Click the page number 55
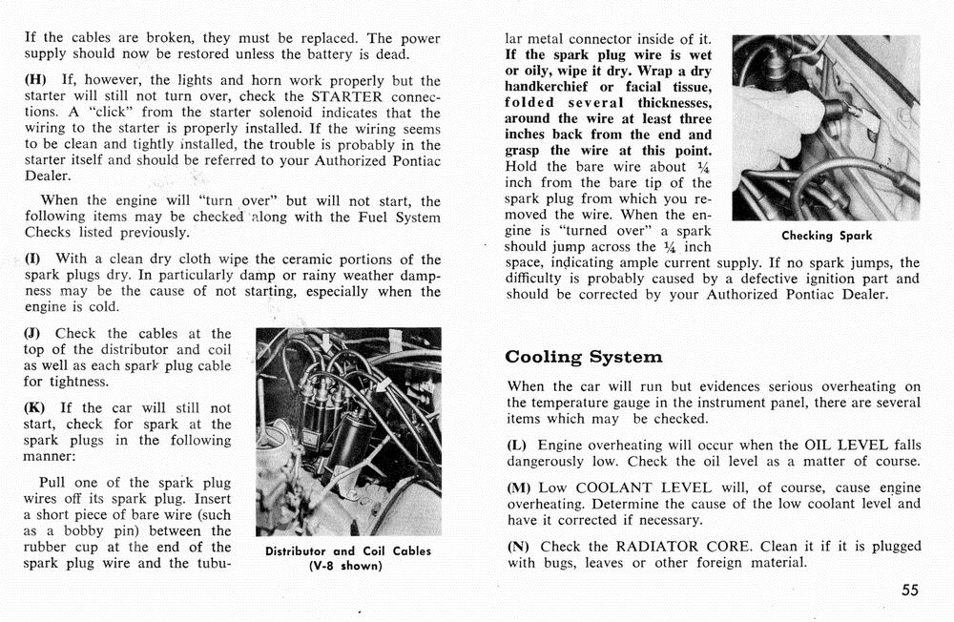click(x=909, y=591)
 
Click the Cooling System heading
click(x=583, y=357)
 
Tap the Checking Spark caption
click(x=826, y=236)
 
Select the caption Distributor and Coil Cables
click(x=347, y=550)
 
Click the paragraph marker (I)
click(x=35, y=259)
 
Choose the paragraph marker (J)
click(x=35, y=333)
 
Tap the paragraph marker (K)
click(x=37, y=408)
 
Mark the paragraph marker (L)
click(x=518, y=446)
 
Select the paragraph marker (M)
click(x=521, y=487)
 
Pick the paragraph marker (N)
click(x=519, y=547)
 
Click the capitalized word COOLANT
click(x=614, y=487)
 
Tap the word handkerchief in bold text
click(x=553, y=87)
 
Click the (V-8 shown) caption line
click(x=347, y=566)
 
